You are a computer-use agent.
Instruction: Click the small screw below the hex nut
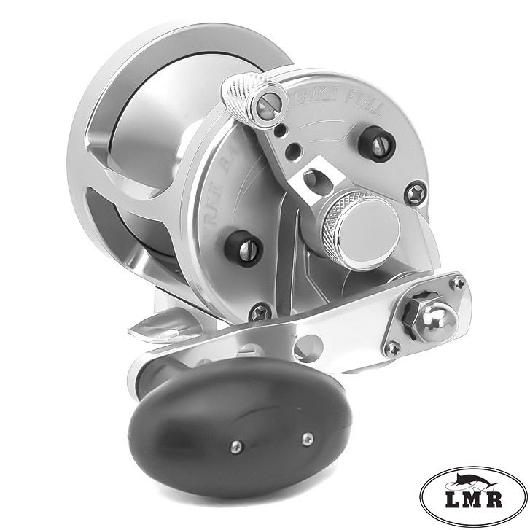click(x=394, y=348)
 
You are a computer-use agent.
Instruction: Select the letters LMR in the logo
click(x=474, y=503)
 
